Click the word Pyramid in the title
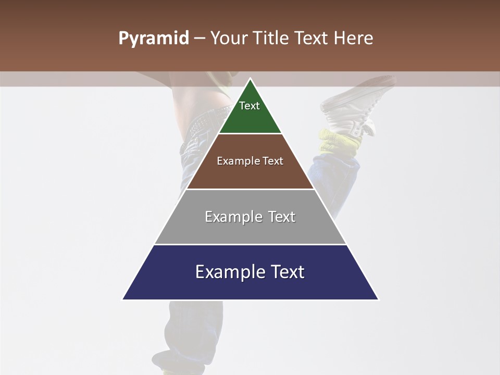pos(153,39)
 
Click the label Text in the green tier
pos(249,106)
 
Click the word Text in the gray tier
pos(282,217)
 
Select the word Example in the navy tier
pos(228,272)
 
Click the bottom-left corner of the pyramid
pos(123,299)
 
